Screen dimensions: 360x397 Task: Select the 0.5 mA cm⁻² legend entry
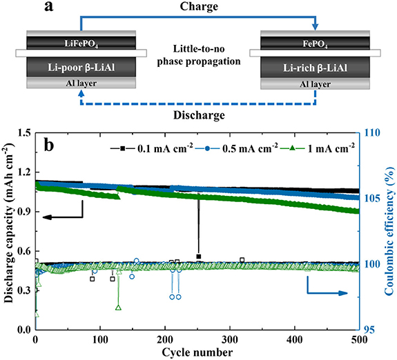231,148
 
